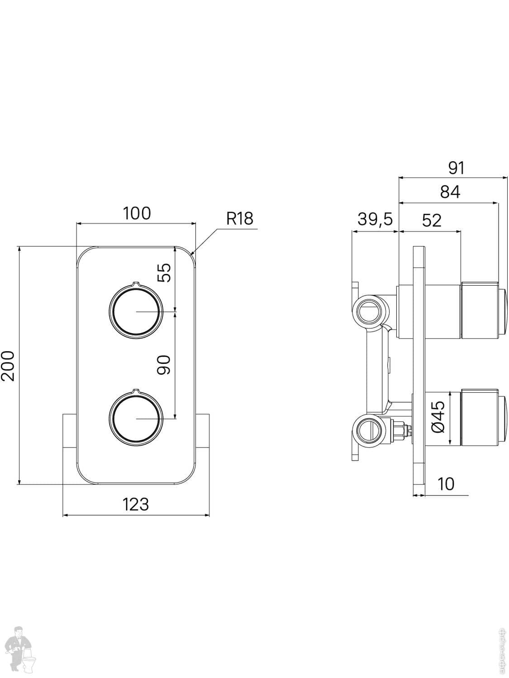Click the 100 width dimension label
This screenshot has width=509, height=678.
(137, 213)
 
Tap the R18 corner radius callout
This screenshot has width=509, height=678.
(240, 219)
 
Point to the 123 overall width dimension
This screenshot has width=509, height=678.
(136, 504)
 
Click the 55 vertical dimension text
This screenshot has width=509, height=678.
(166, 273)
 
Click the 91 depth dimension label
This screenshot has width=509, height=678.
(456, 168)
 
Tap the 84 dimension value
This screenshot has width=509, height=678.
(450, 192)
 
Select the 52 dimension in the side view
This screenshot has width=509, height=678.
(431, 220)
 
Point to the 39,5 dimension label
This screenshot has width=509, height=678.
(375, 219)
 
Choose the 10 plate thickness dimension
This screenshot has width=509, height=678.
(446, 484)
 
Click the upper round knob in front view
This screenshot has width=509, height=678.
(135, 311)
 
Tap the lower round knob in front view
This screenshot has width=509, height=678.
(135, 419)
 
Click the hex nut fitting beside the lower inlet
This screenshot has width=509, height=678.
(399, 430)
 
